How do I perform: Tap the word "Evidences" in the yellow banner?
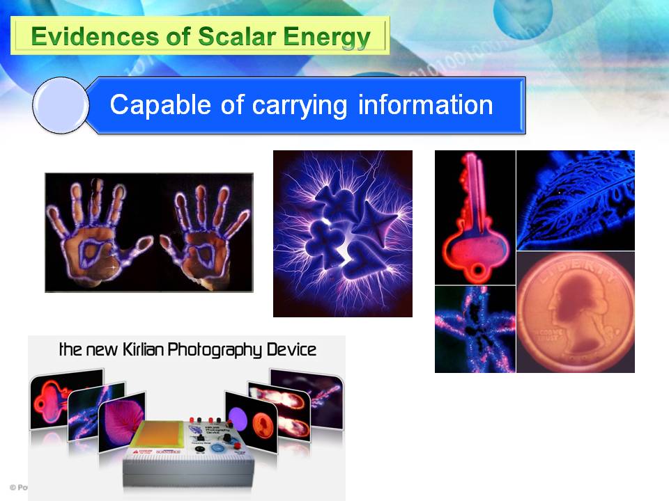point(77,36)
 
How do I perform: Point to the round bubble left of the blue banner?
point(61,105)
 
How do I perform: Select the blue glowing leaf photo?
point(575,200)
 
